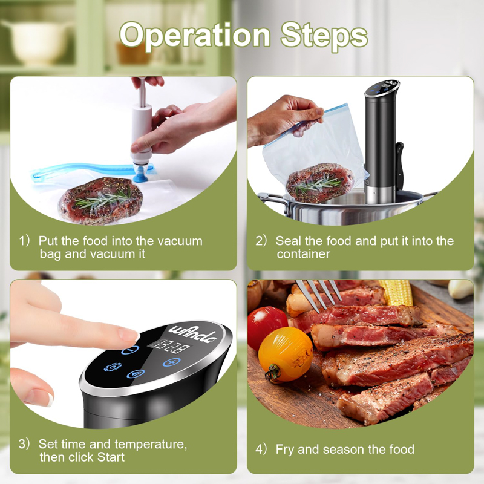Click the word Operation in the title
coord(195,36)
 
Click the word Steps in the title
coord(324,36)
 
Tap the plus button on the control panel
coord(172,362)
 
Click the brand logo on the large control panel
coord(193,333)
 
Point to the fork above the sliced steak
coord(318,295)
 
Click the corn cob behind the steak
coord(396,292)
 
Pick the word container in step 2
coord(304,254)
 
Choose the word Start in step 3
coord(111,457)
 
